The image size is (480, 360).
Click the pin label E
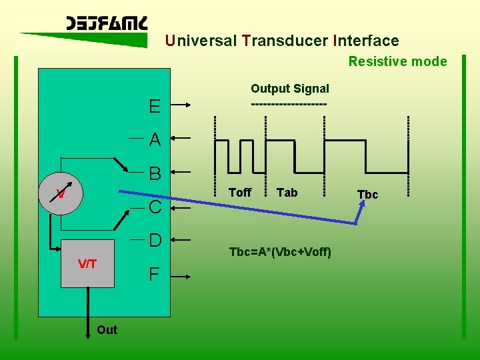tap(155, 107)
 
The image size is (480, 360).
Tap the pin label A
tap(155, 140)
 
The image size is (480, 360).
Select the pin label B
tap(155, 174)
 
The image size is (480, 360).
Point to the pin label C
tap(155, 207)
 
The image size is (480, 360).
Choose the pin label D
tap(155, 240)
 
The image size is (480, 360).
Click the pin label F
tap(154, 274)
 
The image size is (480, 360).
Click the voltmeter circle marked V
tap(61, 194)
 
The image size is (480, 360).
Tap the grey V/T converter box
tap(87, 263)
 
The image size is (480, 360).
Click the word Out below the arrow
tap(107, 329)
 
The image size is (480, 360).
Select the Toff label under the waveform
tap(240, 193)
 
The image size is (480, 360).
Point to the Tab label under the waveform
tap(287, 193)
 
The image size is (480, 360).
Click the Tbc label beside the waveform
tap(367, 195)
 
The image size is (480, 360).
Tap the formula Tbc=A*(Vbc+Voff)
tap(280, 252)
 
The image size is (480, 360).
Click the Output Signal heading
tap(289, 89)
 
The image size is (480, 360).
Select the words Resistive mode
tap(397, 61)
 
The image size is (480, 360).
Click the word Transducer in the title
tap(285, 41)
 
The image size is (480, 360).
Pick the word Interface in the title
tap(365, 41)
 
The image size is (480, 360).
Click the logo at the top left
tap(107, 25)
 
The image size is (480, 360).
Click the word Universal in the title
tap(201, 41)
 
